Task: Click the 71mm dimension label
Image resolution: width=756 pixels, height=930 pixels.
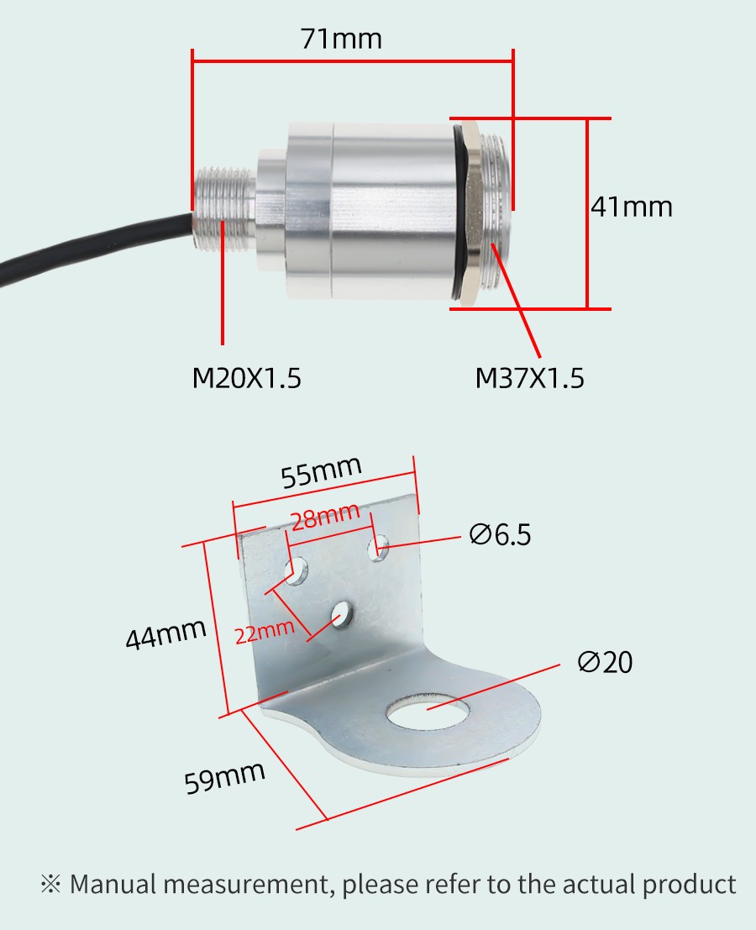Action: pos(341,39)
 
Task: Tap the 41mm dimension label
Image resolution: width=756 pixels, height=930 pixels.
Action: pos(632,207)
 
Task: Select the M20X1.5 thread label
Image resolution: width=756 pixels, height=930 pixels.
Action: pos(247,378)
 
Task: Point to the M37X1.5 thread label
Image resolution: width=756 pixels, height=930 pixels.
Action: pos(529,378)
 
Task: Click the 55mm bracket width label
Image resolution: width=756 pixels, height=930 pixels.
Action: pos(321,472)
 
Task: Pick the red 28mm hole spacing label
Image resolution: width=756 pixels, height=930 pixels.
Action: pos(326,516)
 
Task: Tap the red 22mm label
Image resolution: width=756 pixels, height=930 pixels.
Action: pos(265,632)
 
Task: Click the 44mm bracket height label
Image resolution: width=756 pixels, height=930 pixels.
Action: pos(166,633)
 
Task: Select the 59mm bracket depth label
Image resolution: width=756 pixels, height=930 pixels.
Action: pos(225,777)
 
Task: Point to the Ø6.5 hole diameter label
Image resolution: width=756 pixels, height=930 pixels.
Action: pos(500,534)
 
